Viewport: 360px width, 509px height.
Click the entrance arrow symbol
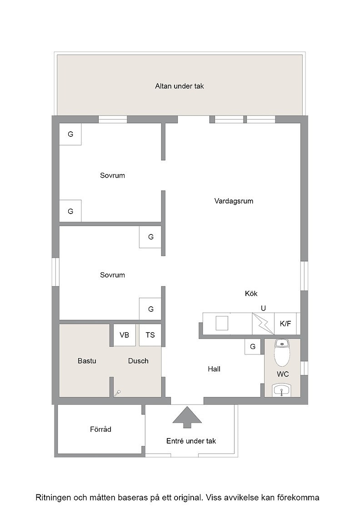(x=187, y=417)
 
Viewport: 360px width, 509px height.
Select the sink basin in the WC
(x=282, y=390)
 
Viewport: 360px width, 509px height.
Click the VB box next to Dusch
(x=125, y=335)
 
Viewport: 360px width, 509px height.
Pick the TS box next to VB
(x=150, y=335)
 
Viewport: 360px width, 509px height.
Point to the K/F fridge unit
(x=285, y=324)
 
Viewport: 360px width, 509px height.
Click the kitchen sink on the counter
(x=222, y=323)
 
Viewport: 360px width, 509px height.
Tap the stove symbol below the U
(x=263, y=324)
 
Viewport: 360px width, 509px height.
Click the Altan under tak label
(x=180, y=86)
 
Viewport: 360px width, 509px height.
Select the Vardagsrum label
(x=234, y=201)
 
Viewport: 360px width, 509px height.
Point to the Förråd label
(x=100, y=429)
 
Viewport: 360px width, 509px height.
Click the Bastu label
(x=87, y=361)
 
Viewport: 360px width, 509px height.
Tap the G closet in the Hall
(x=253, y=347)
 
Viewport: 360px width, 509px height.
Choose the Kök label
(x=251, y=294)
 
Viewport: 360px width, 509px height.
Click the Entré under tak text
(x=191, y=441)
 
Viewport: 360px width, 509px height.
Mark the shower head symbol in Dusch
(x=117, y=393)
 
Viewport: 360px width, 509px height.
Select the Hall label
(x=214, y=369)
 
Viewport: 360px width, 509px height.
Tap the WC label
(x=283, y=374)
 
